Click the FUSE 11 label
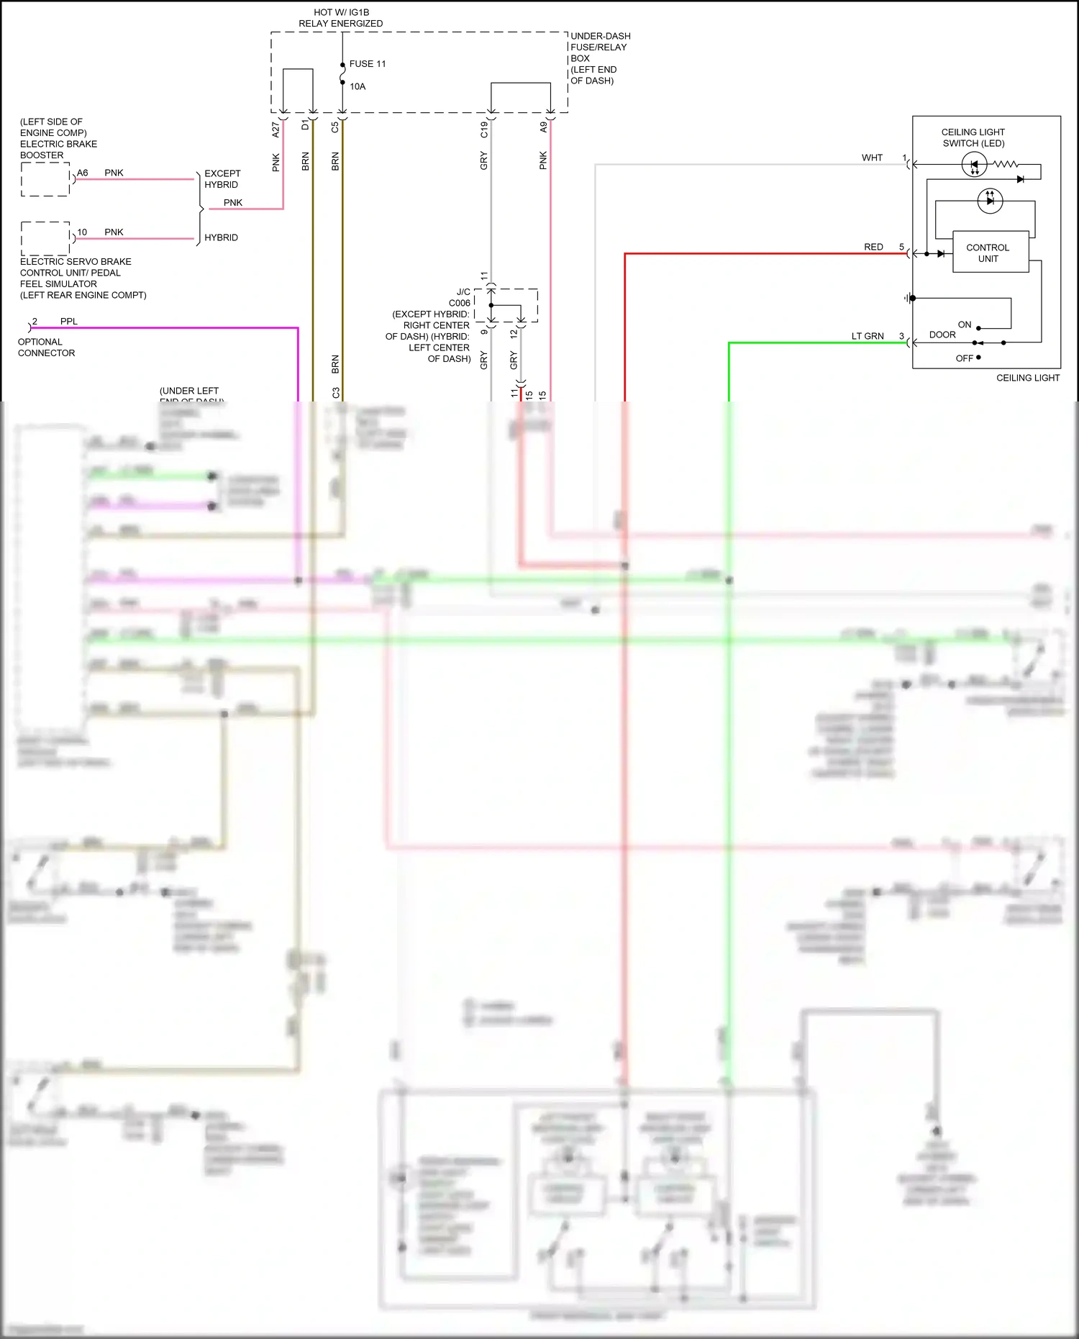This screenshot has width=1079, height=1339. pyautogui.click(x=367, y=64)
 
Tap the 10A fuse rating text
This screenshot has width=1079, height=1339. pyautogui.click(x=358, y=87)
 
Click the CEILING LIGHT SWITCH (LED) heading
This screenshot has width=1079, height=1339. pyautogui.click(x=973, y=137)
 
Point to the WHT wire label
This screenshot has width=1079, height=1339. pyautogui.click(x=872, y=158)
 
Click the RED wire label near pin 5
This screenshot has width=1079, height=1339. pyautogui.click(x=873, y=247)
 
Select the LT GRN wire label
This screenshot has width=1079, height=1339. pyautogui.click(x=868, y=336)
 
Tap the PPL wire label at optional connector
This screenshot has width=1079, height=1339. pyautogui.click(x=69, y=322)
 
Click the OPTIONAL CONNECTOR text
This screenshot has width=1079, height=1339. pyautogui.click(x=46, y=348)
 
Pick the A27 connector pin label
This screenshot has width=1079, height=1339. pyautogui.click(x=276, y=130)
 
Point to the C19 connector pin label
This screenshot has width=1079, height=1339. pyautogui.click(x=484, y=130)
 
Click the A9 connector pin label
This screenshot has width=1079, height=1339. pyautogui.click(x=543, y=127)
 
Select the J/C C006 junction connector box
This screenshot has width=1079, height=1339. pyautogui.click(x=506, y=305)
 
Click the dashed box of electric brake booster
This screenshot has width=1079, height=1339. pyautogui.click(x=45, y=179)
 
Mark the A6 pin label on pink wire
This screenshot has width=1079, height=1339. pyautogui.click(x=83, y=173)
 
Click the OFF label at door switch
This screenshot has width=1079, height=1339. pyautogui.click(x=964, y=358)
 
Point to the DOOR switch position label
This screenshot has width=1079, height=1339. pyautogui.click(x=942, y=335)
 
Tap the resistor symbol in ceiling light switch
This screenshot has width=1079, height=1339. pyautogui.click(x=1006, y=165)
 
